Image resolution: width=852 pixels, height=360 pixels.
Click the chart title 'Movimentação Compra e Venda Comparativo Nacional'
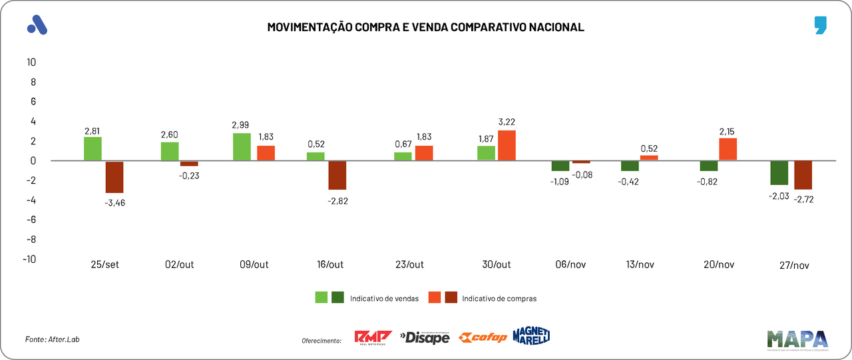tap(425, 27)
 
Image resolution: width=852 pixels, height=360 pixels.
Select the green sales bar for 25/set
tap(93, 149)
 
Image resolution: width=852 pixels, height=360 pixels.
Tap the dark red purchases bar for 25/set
tap(114, 177)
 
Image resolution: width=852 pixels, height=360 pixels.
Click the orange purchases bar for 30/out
tap(507, 145)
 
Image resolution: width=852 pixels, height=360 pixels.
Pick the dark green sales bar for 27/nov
tap(779, 173)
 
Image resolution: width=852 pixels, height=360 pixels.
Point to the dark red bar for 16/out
tap(337, 175)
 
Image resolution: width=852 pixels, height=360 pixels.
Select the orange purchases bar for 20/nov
tap(728, 149)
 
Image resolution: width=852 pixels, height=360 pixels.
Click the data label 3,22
tap(507, 122)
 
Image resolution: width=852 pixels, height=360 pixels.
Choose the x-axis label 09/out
tap(254, 264)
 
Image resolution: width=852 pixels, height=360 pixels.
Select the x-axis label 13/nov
tap(640, 264)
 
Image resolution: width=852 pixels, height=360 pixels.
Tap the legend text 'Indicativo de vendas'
tap(384, 299)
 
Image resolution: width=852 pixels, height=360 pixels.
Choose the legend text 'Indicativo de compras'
tap(499, 299)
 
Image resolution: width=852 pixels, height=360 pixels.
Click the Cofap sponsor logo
tap(484, 337)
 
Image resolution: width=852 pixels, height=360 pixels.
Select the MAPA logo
tap(797, 339)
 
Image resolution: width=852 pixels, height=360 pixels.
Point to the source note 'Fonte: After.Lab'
tap(47, 339)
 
